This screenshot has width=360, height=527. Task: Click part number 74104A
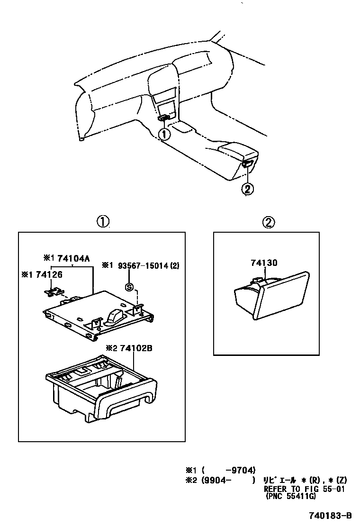74,259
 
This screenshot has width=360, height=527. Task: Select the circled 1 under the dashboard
164,134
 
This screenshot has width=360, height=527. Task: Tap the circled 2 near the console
247,189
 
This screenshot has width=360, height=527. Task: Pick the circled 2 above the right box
268,221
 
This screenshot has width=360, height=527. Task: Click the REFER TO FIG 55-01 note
303,489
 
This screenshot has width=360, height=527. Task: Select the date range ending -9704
229,470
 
